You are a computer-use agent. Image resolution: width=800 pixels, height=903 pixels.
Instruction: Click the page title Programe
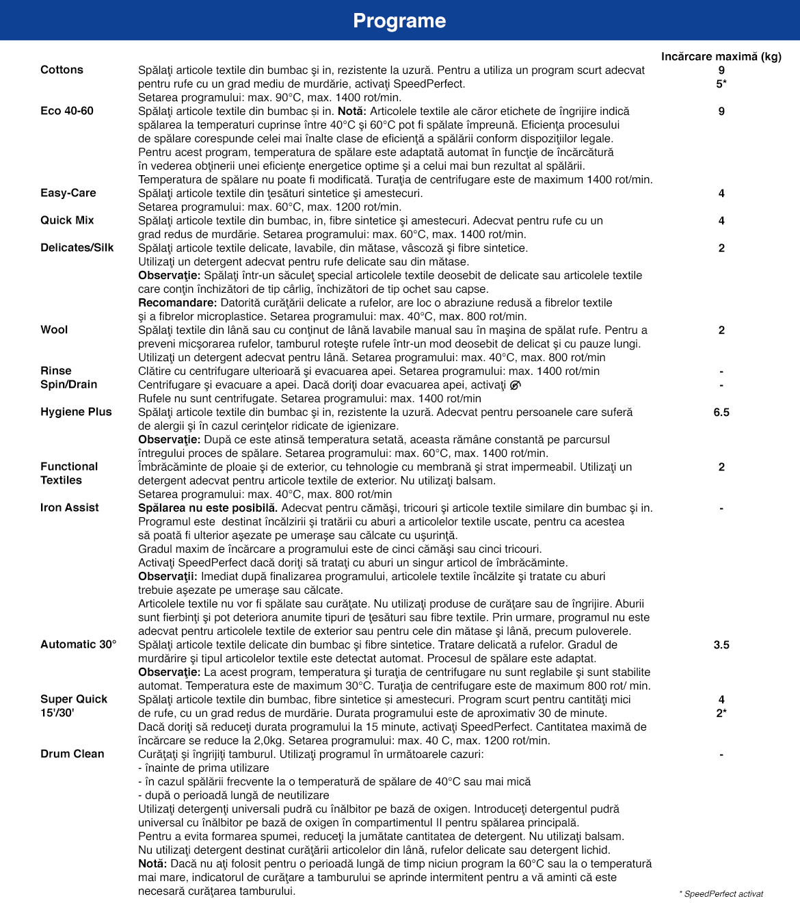pyautogui.click(x=399, y=21)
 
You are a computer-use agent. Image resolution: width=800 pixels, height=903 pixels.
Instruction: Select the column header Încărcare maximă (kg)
pyautogui.click(x=721, y=56)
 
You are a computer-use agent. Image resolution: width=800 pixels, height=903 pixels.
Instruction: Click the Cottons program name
pyautogui.click(x=62, y=70)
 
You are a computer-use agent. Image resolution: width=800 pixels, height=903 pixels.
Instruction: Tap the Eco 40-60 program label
pyautogui.click(x=67, y=111)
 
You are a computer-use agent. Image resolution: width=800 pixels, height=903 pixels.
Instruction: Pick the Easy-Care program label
pyautogui.click(x=68, y=193)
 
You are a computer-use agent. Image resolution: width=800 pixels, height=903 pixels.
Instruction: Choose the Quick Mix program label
pyautogui.click(x=67, y=220)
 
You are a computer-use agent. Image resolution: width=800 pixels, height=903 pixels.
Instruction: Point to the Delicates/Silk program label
pyautogui.click(x=77, y=248)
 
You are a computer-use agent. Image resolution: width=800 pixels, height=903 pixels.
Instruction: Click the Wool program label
pyautogui.click(x=54, y=330)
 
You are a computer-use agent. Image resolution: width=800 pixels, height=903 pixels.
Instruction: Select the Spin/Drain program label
pyautogui.click(x=68, y=384)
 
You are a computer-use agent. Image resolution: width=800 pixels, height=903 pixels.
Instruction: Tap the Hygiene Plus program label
pyautogui.click(x=76, y=412)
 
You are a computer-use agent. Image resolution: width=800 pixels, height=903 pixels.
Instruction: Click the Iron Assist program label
pyautogui.click(x=70, y=508)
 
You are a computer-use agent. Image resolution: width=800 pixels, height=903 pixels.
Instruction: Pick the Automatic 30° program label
pyautogui.click(x=79, y=644)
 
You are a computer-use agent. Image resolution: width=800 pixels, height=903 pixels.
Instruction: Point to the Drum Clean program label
pyautogui.click(x=72, y=754)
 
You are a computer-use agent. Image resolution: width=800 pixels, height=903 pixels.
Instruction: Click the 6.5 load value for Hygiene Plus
pyautogui.click(x=721, y=412)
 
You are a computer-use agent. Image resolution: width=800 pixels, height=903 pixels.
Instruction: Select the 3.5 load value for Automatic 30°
pyautogui.click(x=721, y=644)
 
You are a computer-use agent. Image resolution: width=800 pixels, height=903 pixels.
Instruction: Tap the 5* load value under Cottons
pyautogui.click(x=721, y=83)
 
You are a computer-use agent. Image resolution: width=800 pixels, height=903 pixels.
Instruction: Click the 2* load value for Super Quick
pyautogui.click(x=721, y=713)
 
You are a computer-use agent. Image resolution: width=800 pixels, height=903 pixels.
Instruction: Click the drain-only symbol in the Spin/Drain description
pyautogui.click(x=515, y=384)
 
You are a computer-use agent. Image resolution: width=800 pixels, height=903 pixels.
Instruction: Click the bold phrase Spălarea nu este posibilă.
pyautogui.click(x=208, y=508)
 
